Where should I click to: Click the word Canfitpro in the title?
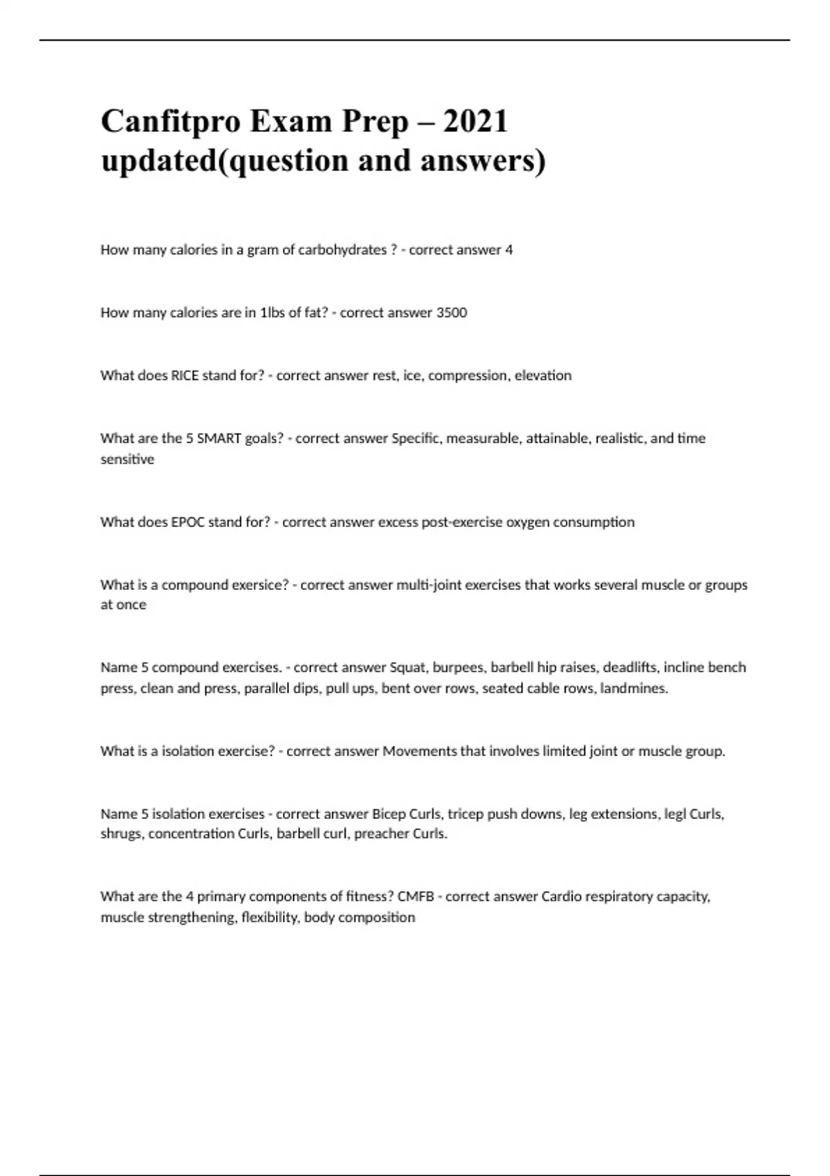[x=169, y=122]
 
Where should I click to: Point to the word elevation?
[x=543, y=376]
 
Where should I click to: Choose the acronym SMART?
[x=219, y=439]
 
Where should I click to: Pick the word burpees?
[x=458, y=668]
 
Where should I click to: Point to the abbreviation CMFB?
[x=416, y=897]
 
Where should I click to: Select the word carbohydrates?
[x=342, y=250]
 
